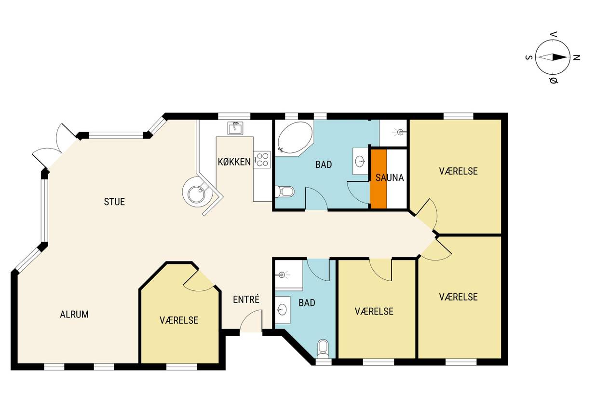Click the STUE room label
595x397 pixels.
tap(114, 202)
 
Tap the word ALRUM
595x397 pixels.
tap(74, 315)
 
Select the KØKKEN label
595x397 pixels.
tap(234, 162)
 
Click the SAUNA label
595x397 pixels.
tap(390, 178)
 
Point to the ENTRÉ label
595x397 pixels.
tap(246, 299)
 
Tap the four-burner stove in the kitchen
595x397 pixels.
tap(262, 160)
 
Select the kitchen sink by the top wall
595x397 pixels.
tap(235, 128)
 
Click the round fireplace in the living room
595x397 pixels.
tap(197, 192)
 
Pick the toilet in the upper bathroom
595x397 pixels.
tap(284, 192)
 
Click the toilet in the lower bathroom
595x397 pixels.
tap(323, 349)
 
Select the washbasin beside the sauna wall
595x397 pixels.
tap(360, 161)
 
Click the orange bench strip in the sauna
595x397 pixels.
tap(379, 179)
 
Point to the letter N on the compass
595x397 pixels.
tap(576, 57)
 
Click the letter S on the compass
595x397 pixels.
tap(529, 57)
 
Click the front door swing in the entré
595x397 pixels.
tap(251, 320)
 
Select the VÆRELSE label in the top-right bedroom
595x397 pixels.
tap(458, 171)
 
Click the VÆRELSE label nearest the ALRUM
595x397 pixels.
tap(179, 320)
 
